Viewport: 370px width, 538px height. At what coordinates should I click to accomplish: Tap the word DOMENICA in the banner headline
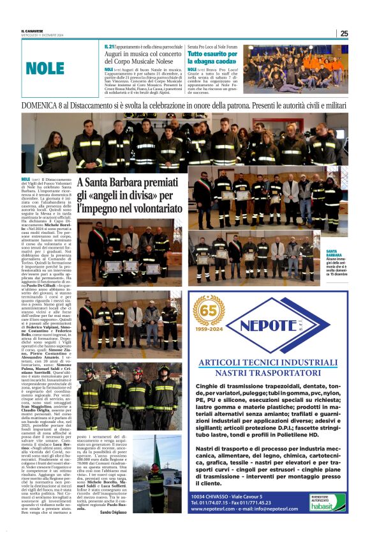[x=45, y=105]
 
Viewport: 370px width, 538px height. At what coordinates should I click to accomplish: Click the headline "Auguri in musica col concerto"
[x=142, y=56]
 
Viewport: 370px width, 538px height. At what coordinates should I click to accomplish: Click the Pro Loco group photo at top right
[x=295, y=68]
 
